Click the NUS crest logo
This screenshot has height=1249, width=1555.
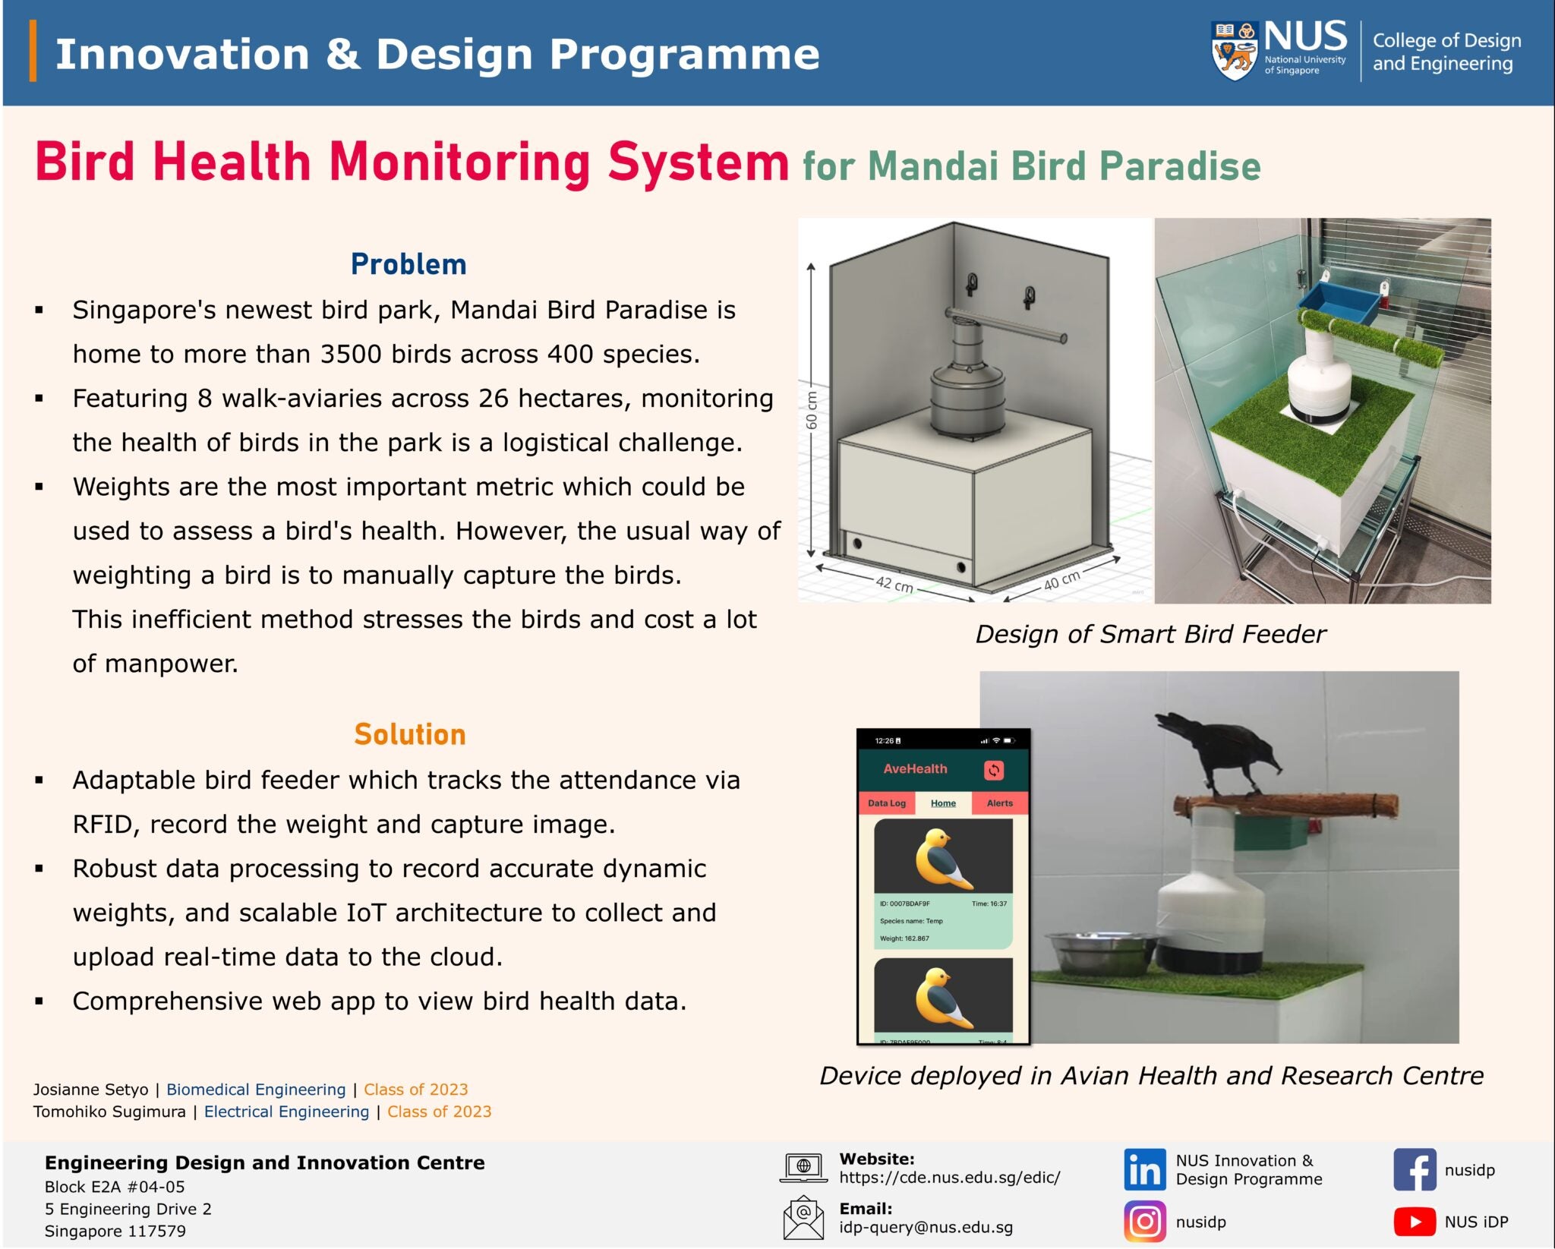1235,51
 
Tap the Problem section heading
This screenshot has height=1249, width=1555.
408,264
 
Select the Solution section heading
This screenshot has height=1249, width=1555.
409,734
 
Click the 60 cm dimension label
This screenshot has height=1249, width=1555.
812,411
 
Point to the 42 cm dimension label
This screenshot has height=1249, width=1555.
894,584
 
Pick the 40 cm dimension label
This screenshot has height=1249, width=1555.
1061,580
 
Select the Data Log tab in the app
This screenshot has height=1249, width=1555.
886,803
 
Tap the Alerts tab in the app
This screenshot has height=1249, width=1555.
999,803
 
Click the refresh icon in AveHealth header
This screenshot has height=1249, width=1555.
993,770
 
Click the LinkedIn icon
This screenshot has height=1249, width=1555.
1144,1170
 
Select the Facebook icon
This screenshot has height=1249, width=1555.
1415,1170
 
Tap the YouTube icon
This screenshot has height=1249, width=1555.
1415,1222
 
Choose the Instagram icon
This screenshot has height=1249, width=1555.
1144,1222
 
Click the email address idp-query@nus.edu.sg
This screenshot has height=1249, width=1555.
926,1227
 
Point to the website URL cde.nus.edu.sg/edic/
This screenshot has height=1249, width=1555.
949,1178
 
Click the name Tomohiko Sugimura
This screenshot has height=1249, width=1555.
109,1112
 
